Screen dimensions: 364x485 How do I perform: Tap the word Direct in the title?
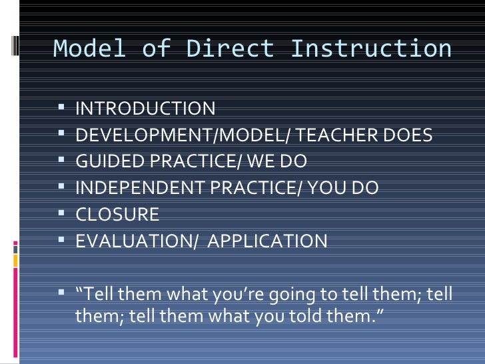click(x=230, y=49)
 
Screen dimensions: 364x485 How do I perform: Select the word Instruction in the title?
click(x=371, y=49)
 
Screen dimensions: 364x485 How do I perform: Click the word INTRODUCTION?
click(x=145, y=109)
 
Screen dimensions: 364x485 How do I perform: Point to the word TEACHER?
click(x=346, y=135)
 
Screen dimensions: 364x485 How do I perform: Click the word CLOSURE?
click(x=117, y=215)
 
